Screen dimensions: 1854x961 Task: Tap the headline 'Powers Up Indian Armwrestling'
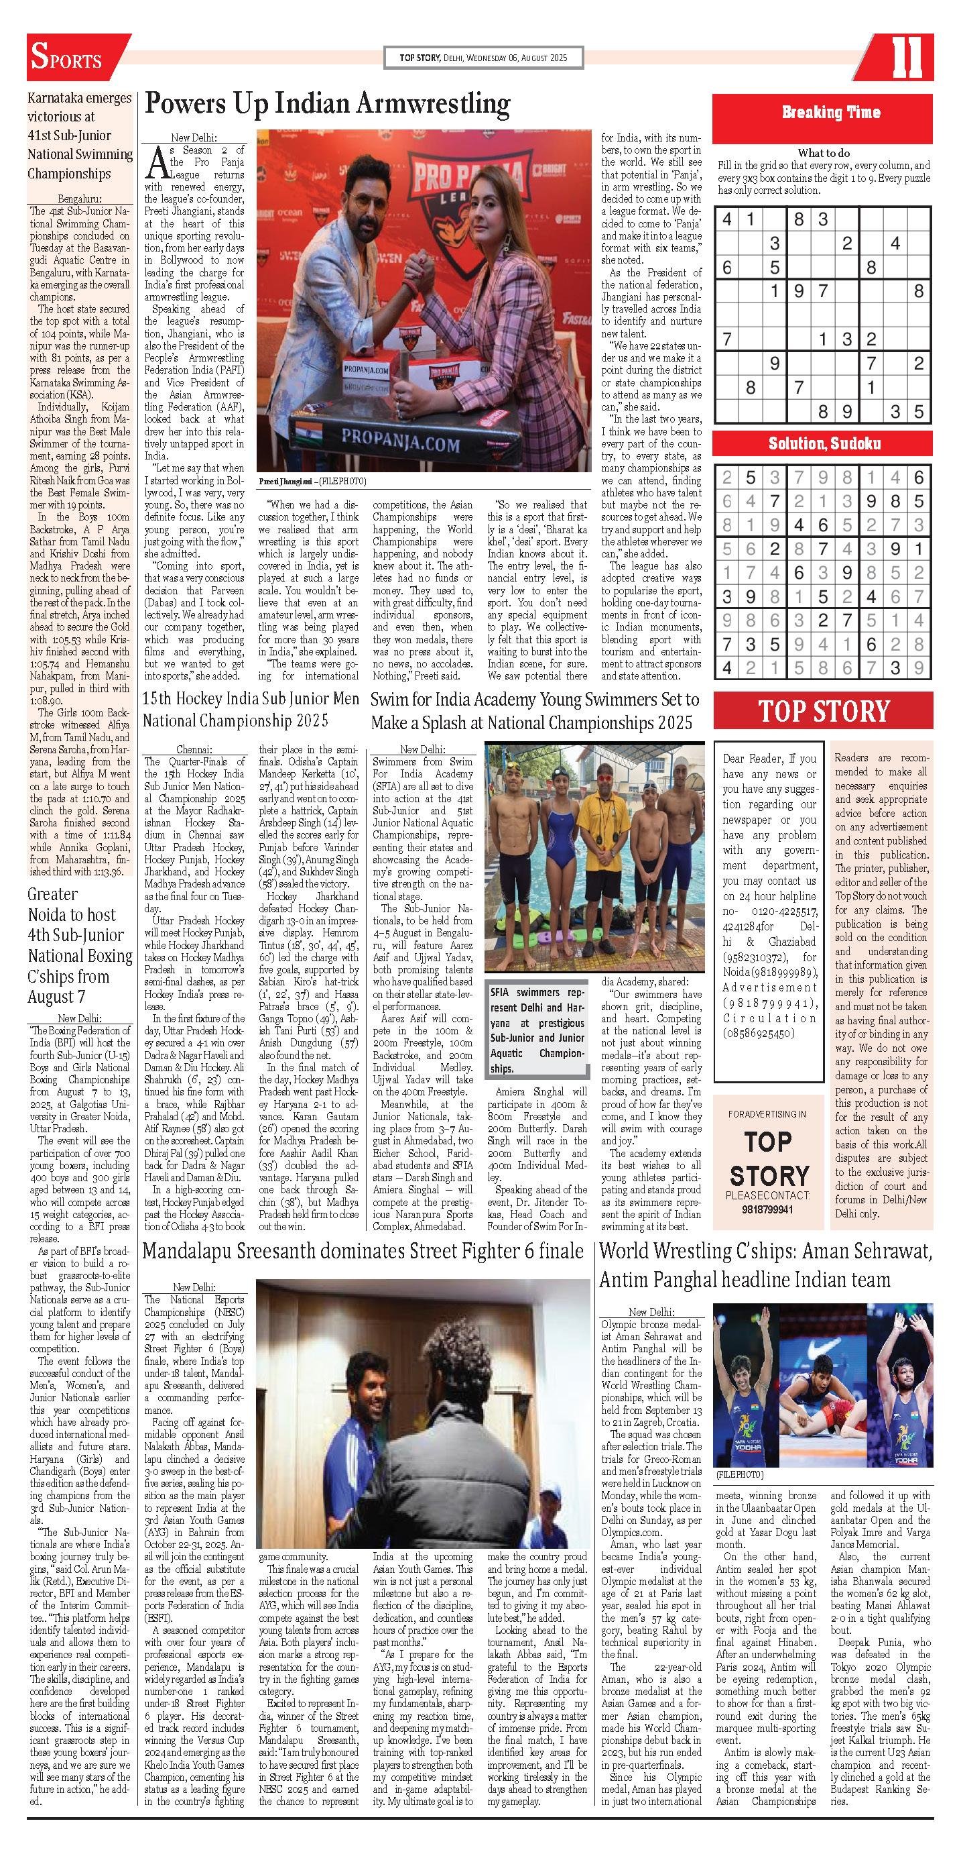tap(326, 105)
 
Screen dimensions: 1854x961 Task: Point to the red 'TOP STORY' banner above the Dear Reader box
tap(824, 710)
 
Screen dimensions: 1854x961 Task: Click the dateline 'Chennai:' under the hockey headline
tap(194, 749)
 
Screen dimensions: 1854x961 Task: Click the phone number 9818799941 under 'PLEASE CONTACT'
tap(769, 1210)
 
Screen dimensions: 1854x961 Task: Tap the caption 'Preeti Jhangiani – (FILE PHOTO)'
tap(312, 482)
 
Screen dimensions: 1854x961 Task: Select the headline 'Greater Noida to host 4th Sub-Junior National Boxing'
tap(80, 945)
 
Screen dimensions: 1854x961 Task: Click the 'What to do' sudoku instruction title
tap(823, 152)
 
